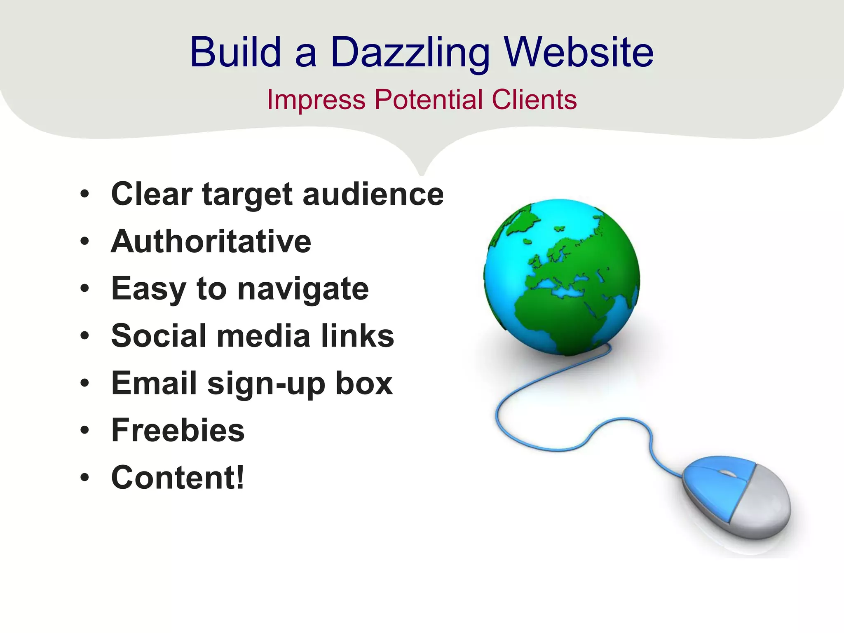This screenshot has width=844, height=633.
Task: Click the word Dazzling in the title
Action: click(x=410, y=53)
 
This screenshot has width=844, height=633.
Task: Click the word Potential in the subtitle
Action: click(x=429, y=100)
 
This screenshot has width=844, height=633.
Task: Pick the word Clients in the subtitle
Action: click(x=534, y=100)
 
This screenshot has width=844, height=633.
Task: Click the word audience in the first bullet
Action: click(x=373, y=194)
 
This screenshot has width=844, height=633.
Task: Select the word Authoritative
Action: click(x=211, y=241)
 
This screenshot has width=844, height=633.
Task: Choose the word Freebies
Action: click(x=178, y=430)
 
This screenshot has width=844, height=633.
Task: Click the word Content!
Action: click(x=178, y=478)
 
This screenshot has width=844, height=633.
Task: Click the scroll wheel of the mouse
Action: click(x=727, y=474)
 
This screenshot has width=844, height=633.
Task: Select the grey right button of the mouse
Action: click(x=762, y=505)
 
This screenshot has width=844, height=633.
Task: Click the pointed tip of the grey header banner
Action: click(x=421, y=173)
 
